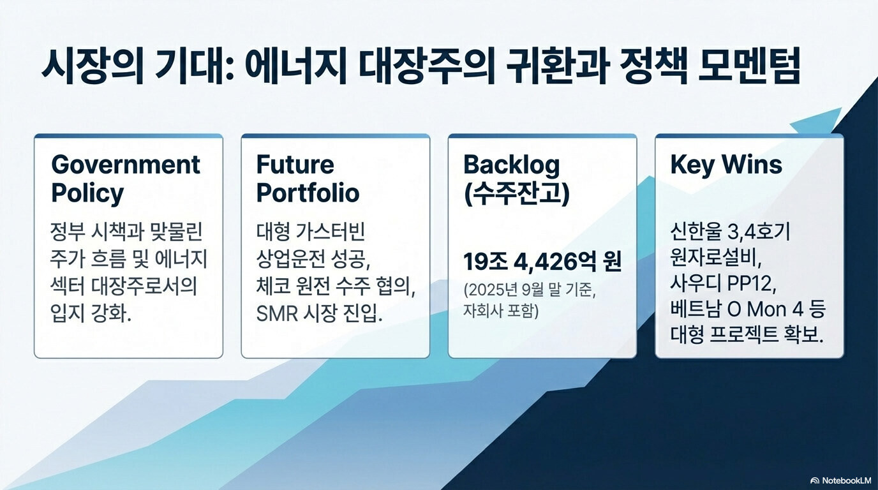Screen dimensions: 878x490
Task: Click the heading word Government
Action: point(126,165)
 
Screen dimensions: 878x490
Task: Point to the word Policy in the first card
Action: point(87,193)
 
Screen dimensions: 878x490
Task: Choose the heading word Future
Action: point(295,165)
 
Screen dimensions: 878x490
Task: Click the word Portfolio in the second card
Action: point(308,193)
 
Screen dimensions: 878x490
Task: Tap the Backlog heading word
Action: point(512,165)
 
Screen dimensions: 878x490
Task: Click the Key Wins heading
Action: point(726,165)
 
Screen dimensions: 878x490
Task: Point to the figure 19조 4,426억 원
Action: point(542,262)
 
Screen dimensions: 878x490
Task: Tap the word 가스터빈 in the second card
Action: point(334,232)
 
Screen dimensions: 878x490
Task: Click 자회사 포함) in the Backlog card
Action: point(501,311)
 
